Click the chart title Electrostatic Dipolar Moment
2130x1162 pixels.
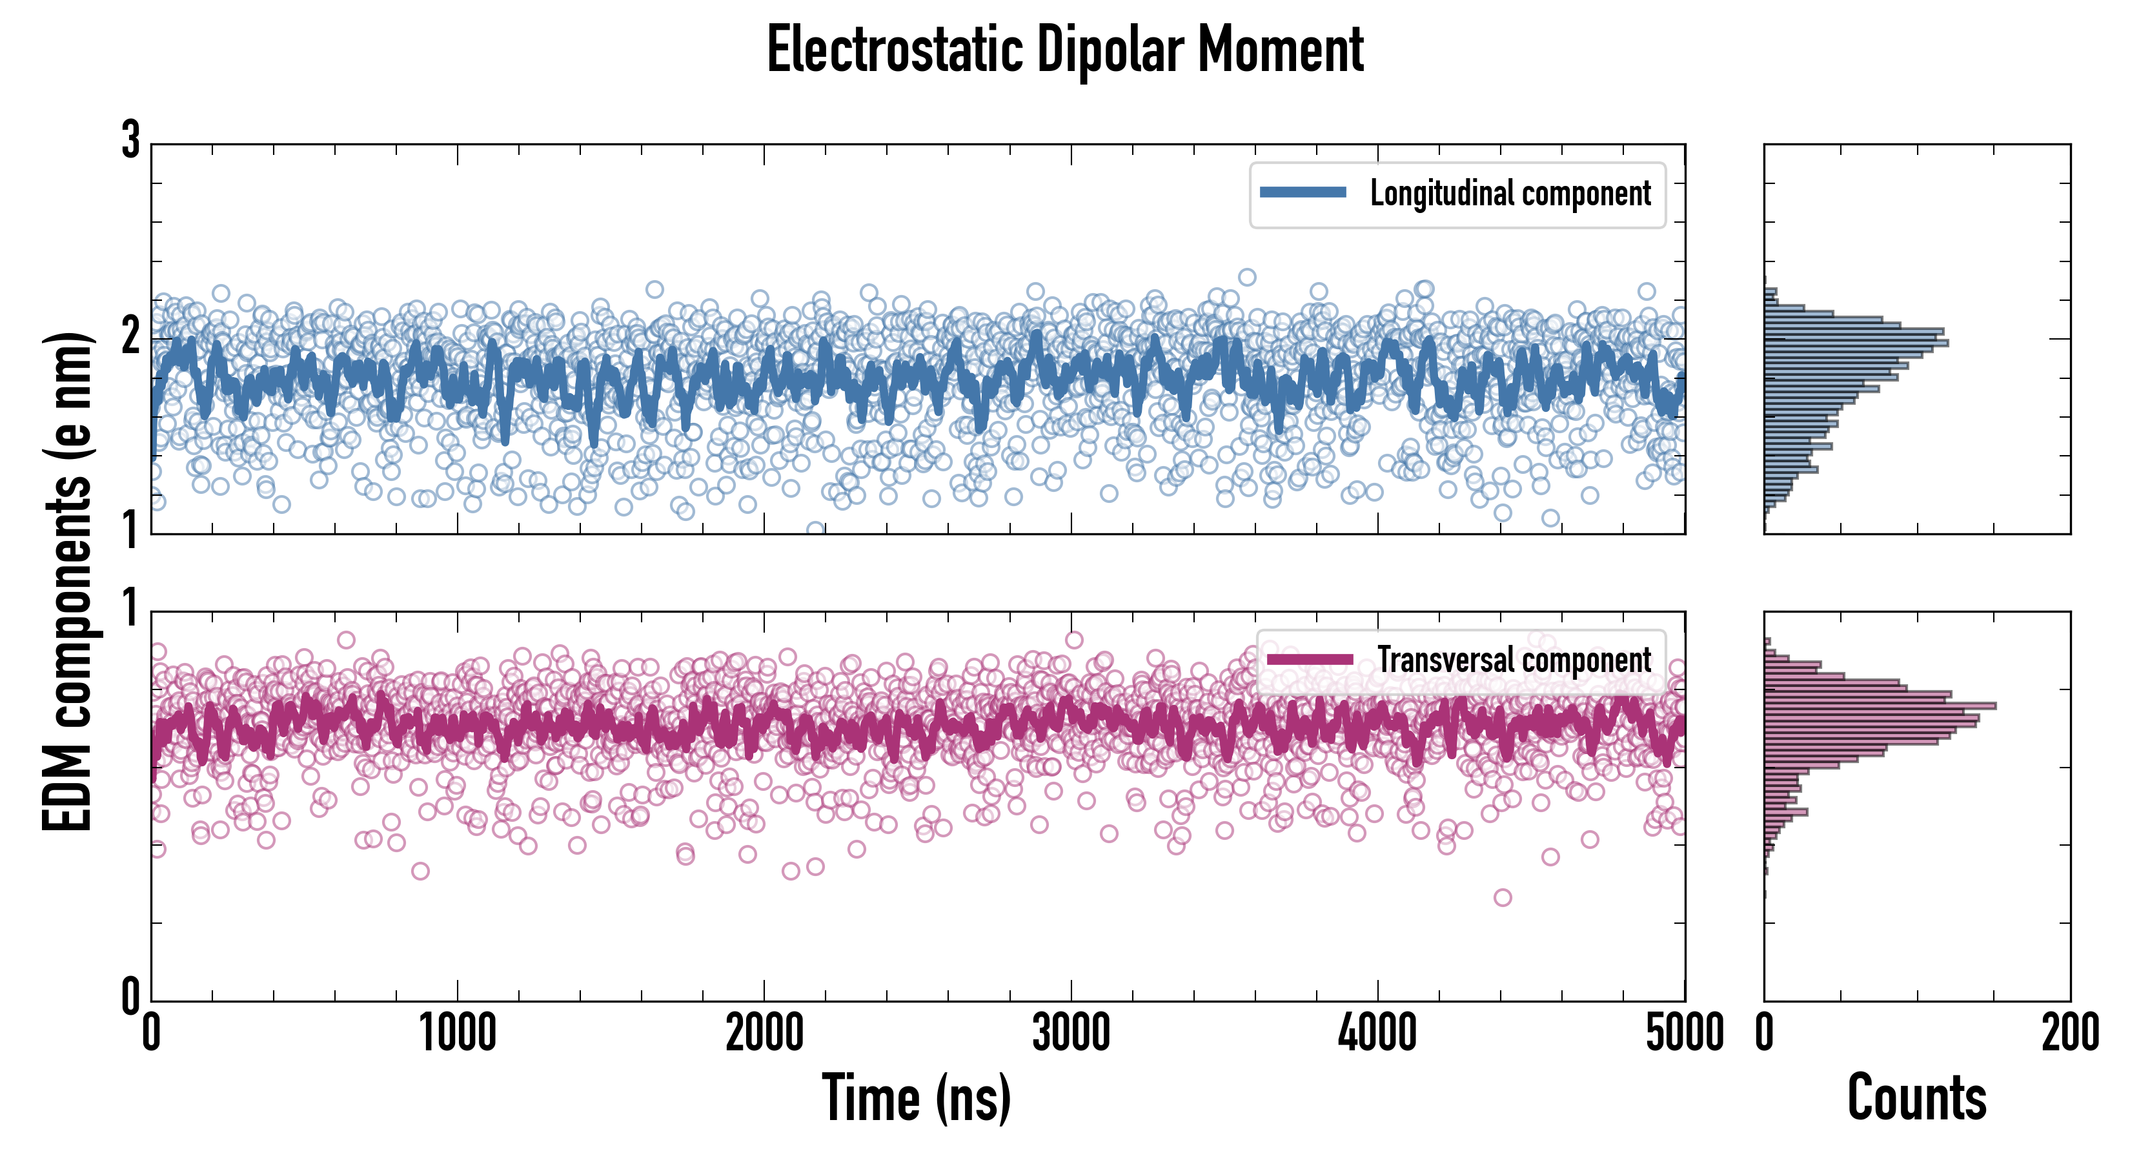point(1065,50)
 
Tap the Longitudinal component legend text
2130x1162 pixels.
point(1510,194)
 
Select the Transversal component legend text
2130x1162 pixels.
point(1514,660)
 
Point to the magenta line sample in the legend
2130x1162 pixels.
point(1310,659)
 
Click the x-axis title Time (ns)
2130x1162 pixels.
point(916,1098)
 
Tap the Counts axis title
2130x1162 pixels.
point(1916,1098)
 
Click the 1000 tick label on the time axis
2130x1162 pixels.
point(457,1034)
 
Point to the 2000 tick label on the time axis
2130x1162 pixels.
point(764,1034)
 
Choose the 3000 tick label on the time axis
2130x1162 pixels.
point(1071,1034)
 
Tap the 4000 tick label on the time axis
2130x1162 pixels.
point(1377,1034)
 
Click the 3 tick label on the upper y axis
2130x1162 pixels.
point(130,141)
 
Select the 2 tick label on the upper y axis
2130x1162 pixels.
point(130,336)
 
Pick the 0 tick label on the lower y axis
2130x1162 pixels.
point(130,997)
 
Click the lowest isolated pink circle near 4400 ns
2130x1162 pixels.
point(1503,897)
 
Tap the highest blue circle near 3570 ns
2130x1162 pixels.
point(1247,277)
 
